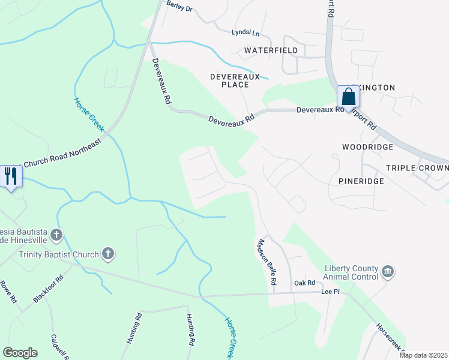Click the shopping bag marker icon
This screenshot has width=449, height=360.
348,97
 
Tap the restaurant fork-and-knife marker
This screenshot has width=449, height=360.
11,176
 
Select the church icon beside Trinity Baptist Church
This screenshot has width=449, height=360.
108,254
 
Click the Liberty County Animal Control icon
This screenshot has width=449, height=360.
388,272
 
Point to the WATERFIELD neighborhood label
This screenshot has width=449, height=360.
271,50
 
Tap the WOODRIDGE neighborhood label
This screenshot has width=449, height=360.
367,147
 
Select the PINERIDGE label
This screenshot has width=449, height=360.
358,180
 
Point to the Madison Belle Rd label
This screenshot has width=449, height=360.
267,262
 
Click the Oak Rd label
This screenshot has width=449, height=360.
304,283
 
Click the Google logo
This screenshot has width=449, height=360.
20,353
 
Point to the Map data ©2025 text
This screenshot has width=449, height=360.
423,355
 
